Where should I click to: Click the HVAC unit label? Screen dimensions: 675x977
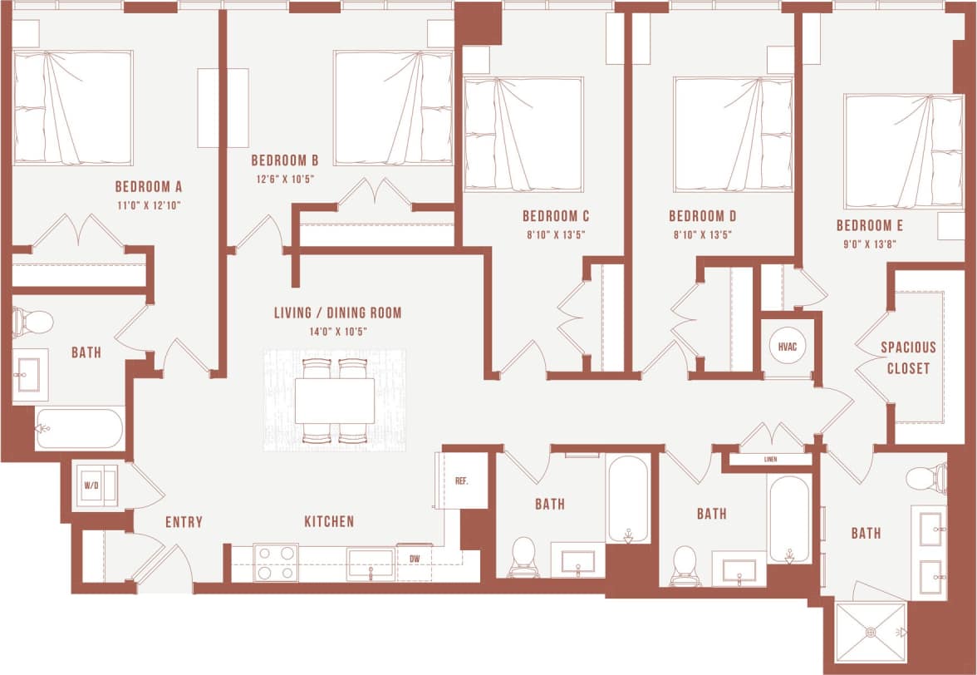click(x=785, y=346)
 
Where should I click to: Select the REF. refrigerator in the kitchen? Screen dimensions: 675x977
click(x=462, y=481)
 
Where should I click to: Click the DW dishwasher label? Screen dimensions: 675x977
click(x=413, y=559)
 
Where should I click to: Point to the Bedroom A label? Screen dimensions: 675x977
click(x=149, y=186)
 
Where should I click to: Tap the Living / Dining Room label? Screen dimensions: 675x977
click(x=337, y=313)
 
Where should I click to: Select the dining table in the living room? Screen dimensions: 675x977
click(x=334, y=401)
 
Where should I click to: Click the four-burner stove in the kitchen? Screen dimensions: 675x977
click(x=276, y=563)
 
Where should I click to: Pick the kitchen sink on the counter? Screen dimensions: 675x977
click(x=370, y=563)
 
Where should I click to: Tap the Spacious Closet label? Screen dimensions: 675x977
click(x=908, y=357)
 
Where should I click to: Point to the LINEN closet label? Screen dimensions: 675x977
click(x=770, y=459)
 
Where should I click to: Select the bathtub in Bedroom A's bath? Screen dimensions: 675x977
click(x=79, y=428)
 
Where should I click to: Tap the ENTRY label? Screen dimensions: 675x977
click(x=184, y=522)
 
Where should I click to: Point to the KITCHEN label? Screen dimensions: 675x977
click(x=329, y=522)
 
